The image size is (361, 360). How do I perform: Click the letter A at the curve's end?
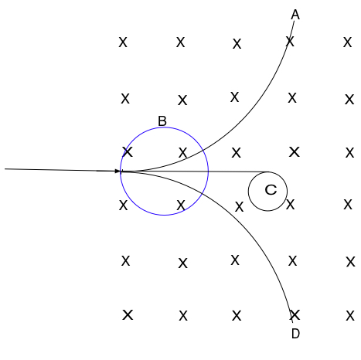pyautogui.click(x=295, y=15)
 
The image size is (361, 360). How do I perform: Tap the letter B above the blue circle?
pyautogui.click(x=162, y=121)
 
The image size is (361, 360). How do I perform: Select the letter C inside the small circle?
pyautogui.click(x=271, y=190)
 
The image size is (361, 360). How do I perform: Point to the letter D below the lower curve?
pyautogui.click(x=295, y=334)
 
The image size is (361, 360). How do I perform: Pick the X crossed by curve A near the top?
pyautogui.click(x=290, y=42)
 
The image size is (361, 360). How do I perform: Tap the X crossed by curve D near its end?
pyautogui.click(x=295, y=315)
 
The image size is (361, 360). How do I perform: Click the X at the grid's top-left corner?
pyautogui.click(x=123, y=42)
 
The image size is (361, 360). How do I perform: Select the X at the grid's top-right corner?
pyautogui.click(x=347, y=42)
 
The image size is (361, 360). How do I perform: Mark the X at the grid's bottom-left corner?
pyautogui.click(x=128, y=315)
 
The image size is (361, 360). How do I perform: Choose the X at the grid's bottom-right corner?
pyautogui.click(x=350, y=316)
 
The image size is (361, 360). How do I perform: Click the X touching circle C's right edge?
pyautogui.click(x=290, y=205)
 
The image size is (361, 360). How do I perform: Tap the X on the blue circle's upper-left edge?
pyautogui.click(x=128, y=152)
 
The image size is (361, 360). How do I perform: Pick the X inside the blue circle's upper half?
pyautogui.click(x=182, y=153)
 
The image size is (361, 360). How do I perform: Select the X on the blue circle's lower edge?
pyautogui.click(x=181, y=205)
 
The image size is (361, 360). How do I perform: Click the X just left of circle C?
pyautogui.click(x=239, y=207)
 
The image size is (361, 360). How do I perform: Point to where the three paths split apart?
pyautogui.click(x=121, y=171)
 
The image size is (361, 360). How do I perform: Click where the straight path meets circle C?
pyautogui.click(x=268, y=172)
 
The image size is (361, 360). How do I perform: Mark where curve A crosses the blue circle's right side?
pyautogui.click(x=203, y=150)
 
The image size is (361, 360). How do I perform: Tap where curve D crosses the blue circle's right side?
pyautogui.click(x=203, y=192)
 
